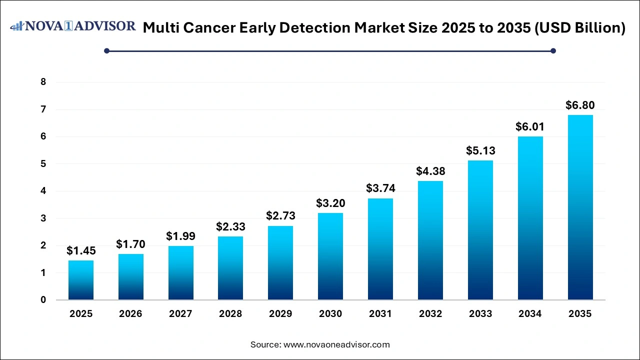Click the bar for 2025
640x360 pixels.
pos(81,280)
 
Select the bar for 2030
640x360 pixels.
pos(330,256)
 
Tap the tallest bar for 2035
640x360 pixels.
pos(580,207)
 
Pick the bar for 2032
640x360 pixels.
pos(430,240)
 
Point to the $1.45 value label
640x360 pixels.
pos(81,251)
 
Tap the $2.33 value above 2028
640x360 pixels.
pos(230,227)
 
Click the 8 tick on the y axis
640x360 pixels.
pos(43,82)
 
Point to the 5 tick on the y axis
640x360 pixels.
pos(43,164)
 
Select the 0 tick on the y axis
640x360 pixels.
pos(43,300)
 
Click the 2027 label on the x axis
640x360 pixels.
pos(180,314)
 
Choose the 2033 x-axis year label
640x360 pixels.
pos(480,314)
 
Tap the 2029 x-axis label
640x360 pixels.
pos(280,314)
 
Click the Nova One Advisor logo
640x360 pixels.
pos(73,26)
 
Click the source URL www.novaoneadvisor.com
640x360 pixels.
pos(336,344)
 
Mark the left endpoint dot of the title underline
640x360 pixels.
pos(106,50)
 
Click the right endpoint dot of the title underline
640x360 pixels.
pos(553,50)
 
